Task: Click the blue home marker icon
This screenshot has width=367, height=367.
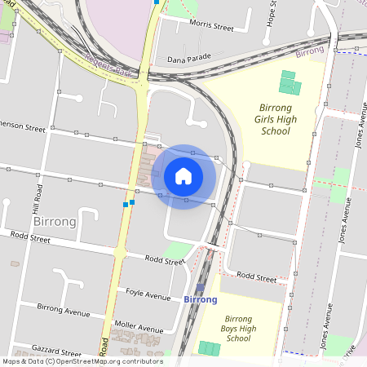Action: coord(183,175)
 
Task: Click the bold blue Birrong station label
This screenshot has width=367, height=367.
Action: coord(201,299)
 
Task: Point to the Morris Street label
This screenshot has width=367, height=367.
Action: coord(211,27)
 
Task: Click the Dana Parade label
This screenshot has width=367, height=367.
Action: coord(189,59)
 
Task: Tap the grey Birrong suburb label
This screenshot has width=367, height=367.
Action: coord(55,221)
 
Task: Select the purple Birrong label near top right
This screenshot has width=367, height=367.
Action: coord(310,51)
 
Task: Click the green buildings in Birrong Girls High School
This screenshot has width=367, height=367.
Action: coord(290,82)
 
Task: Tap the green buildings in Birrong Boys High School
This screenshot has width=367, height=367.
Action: coord(210,348)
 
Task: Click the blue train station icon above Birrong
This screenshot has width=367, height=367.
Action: coord(201,288)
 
